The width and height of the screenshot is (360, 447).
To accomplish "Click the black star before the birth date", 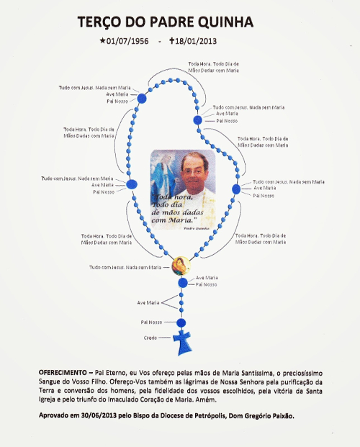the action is [x=104, y=41].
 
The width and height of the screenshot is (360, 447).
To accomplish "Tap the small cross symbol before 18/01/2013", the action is [x=172, y=41].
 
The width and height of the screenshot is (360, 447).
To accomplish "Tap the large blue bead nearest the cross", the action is [x=181, y=322].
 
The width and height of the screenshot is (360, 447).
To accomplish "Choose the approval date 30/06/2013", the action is [x=102, y=416].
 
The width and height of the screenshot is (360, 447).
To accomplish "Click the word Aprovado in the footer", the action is [x=57, y=416].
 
